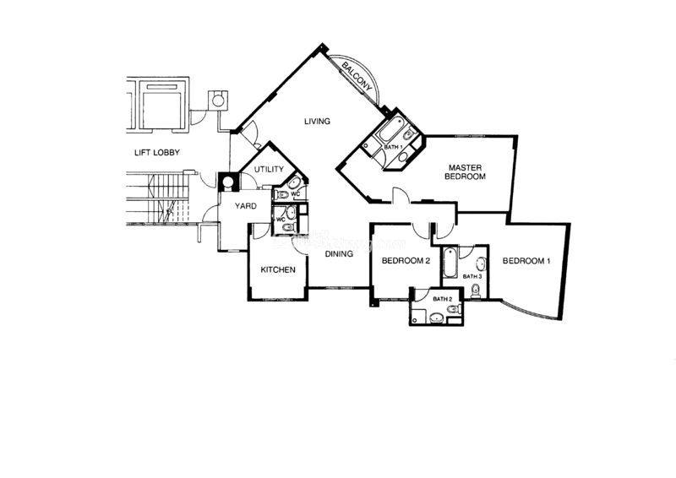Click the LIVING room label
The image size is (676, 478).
318,121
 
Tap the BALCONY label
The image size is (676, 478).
357,76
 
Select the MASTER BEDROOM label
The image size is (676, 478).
466,171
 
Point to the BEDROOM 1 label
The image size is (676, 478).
526,261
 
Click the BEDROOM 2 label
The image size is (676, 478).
406,261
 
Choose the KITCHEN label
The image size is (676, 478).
278,269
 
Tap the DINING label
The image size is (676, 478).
339,254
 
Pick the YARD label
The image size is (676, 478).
246,206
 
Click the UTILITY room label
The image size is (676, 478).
269,170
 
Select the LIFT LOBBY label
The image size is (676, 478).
157,152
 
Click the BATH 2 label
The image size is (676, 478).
442,299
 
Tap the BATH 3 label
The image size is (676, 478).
472,276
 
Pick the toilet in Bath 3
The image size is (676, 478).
476,291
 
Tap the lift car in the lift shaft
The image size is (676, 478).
161,107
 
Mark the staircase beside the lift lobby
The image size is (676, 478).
158,198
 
